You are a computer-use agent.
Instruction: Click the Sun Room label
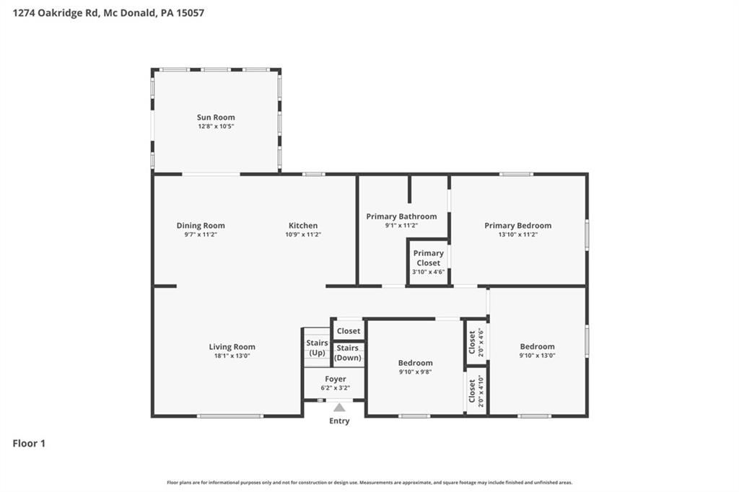[216, 118]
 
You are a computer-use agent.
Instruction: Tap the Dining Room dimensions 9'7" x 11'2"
[201, 234]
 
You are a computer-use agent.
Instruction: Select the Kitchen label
[303, 225]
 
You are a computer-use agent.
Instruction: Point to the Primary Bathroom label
[401, 216]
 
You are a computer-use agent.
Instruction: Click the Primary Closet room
[429, 263]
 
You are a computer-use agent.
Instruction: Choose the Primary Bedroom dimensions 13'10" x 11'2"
[518, 234]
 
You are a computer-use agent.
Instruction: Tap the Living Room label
[232, 347]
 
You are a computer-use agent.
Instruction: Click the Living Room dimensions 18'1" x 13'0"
[232, 356]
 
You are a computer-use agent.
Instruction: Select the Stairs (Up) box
[317, 347]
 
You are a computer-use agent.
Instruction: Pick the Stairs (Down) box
[348, 353]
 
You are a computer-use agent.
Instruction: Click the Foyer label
[336, 379]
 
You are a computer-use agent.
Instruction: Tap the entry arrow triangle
[339, 407]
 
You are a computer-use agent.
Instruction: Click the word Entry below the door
[339, 421]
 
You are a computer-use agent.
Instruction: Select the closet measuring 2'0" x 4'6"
[476, 342]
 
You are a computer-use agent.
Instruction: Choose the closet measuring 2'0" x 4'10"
[476, 391]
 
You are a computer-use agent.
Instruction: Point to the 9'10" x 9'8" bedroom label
[415, 363]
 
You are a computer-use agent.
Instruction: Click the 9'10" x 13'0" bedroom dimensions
[537, 356]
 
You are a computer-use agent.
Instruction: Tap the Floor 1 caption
[29, 444]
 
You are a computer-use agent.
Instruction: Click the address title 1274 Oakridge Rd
[55, 13]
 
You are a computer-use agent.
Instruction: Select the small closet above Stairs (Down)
[349, 330]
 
